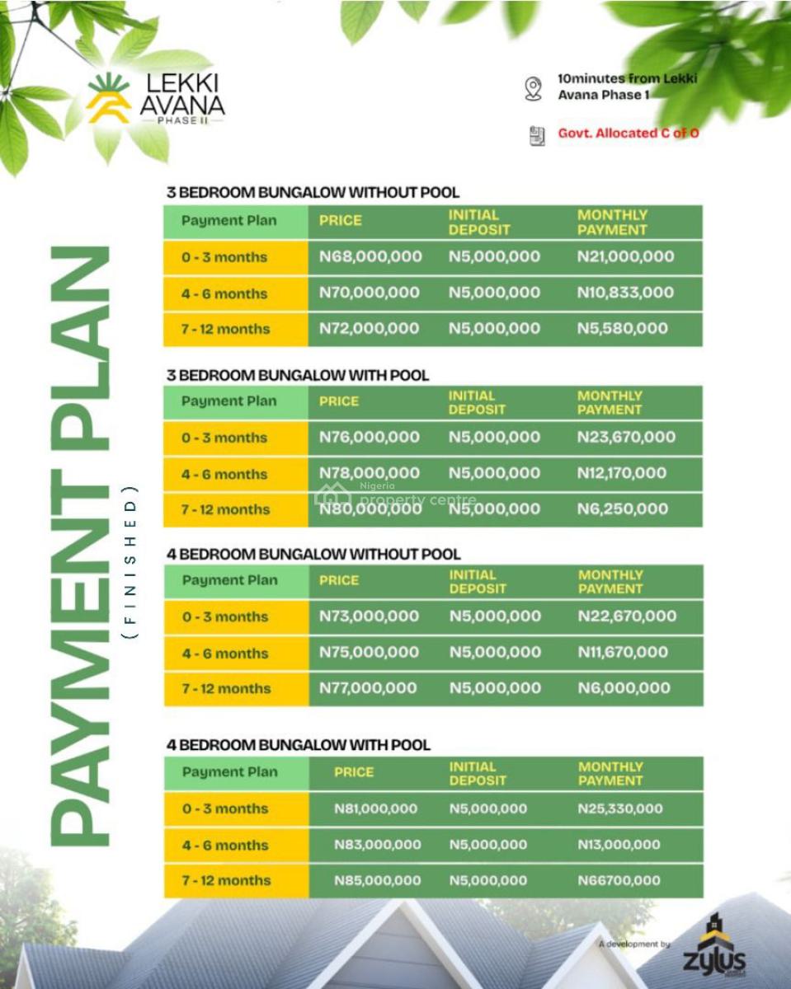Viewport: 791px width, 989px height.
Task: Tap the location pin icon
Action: pos(534,88)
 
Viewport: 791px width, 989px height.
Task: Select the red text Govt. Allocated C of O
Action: pos(629,133)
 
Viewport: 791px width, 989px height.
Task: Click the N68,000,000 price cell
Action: pos(370,256)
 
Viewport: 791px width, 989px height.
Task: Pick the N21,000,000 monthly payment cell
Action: pos(625,256)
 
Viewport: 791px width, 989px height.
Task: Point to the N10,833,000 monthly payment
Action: pos(625,293)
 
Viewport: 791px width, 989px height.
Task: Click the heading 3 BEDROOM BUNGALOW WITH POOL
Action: pos(298,375)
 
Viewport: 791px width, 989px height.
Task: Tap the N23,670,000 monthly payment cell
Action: pos(626,437)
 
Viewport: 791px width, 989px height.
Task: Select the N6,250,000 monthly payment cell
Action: pos(623,509)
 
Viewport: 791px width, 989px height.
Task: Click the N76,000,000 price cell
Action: pos(370,437)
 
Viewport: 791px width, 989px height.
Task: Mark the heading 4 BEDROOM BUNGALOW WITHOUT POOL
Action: pos(313,554)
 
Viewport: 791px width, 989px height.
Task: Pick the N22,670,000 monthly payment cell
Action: pos(627,616)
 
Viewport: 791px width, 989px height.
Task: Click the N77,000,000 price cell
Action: pos(368,688)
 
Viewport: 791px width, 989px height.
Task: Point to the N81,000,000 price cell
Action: pos(375,809)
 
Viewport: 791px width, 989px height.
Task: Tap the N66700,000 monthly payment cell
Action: pos(619,880)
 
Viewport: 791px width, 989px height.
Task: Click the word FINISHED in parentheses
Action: pos(129,562)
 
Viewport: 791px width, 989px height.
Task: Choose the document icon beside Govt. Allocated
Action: pos(537,135)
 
